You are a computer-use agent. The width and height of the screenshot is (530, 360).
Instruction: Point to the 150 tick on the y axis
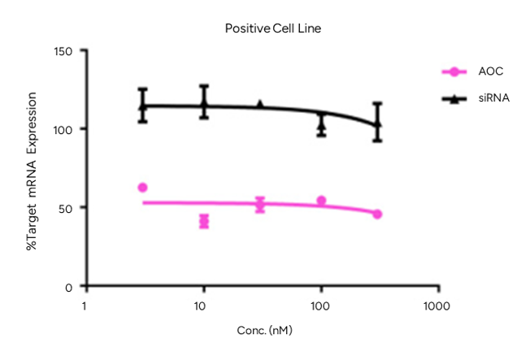pyautogui.click(x=64, y=51)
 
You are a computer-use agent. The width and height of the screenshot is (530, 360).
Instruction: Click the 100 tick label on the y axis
pyautogui.click(x=64, y=130)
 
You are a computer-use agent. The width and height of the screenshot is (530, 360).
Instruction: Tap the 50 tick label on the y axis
pyautogui.click(x=67, y=208)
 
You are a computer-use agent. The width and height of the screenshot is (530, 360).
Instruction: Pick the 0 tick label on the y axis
pyautogui.click(x=70, y=287)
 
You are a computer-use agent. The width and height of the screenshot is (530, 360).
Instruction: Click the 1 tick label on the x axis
pyautogui.click(x=85, y=306)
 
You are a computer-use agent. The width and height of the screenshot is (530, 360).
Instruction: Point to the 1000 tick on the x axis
pyautogui.click(x=438, y=306)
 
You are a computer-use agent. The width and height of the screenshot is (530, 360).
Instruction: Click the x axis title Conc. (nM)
pyautogui.click(x=265, y=332)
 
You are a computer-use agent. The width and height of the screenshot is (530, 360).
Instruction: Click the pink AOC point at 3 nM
pyautogui.click(x=143, y=188)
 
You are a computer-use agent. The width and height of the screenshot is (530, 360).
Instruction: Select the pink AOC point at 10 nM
pyautogui.click(x=204, y=221)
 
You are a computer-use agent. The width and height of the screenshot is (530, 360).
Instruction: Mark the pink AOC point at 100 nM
pyautogui.click(x=321, y=201)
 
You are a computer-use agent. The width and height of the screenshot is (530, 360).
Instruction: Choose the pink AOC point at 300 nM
pyautogui.click(x=377, y=214)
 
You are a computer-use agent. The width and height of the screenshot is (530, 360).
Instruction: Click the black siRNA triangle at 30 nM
pyautogui.click(x=260, y=105)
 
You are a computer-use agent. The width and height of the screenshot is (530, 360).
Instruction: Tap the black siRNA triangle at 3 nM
pyautogui.click(x=143, y=106)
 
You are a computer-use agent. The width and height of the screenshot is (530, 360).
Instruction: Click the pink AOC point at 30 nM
pyautogui.click(x=260, y=204)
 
